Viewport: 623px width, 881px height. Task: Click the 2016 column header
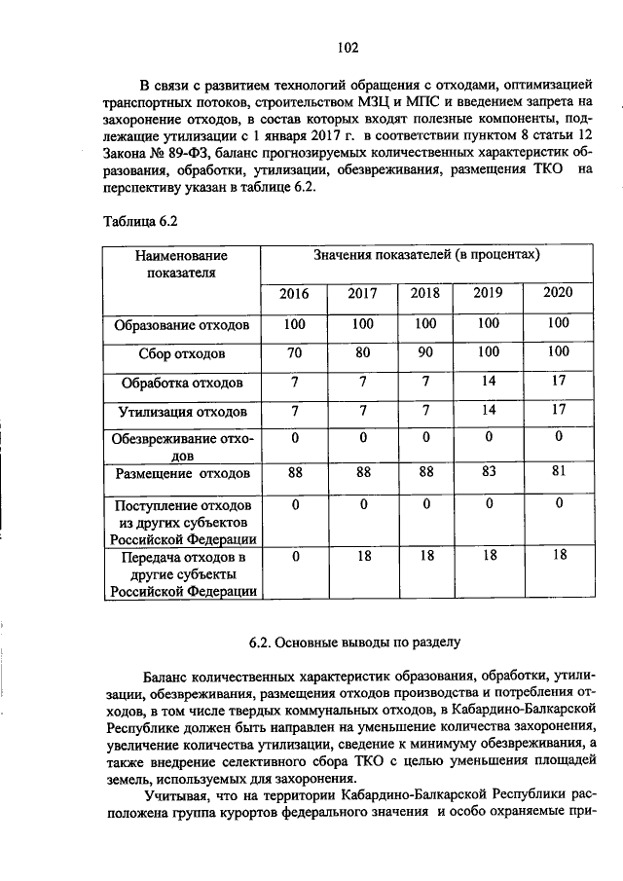coord(294,293)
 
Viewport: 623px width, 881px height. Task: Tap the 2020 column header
coord(558,292)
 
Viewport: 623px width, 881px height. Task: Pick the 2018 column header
coord(425,293)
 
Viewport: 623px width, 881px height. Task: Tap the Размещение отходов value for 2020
coord(558,472)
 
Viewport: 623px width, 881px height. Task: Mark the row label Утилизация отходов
coord(182,412)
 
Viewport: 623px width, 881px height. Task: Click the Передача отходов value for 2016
coord(294,556)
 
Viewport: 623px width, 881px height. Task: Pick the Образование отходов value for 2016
coord(294,322)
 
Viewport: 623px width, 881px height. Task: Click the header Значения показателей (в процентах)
coord(426,254)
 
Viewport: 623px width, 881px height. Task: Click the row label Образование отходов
coord(182,323)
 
